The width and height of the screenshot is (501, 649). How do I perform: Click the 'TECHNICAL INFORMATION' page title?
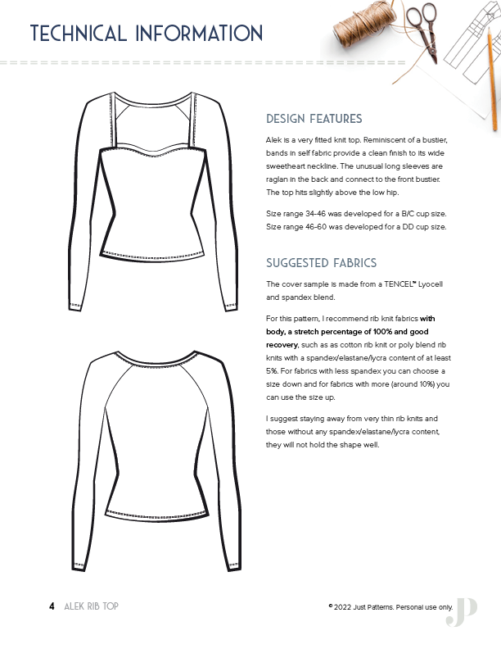tap(146, 34)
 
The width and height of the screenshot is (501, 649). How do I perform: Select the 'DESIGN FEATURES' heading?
tap(314, 119)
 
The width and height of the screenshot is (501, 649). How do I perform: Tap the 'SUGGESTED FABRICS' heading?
tap(322, 263)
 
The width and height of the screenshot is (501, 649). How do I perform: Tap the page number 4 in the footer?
tap(52, 606)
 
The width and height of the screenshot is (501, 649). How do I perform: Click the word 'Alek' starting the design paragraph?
tap(275, 141)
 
